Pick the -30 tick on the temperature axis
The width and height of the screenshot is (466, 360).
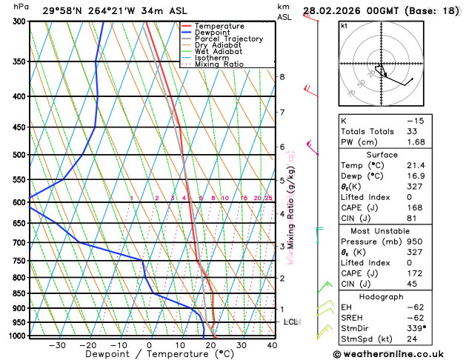tap(57, 345)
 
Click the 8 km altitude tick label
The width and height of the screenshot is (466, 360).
tap(282, 77)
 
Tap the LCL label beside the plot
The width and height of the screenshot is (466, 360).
tap(291, 322)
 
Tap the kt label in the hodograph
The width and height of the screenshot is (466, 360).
tap(344, 25)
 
